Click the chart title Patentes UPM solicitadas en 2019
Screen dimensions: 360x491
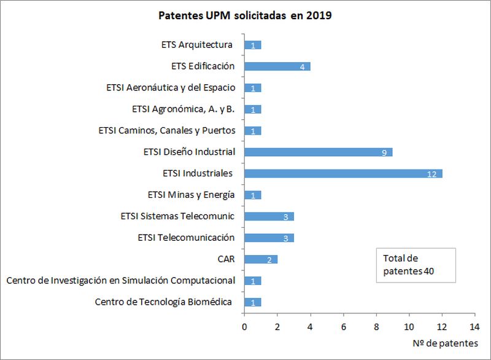(245, 15)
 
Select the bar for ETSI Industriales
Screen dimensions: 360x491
(343, 173)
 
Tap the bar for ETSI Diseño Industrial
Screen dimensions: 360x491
(318, 152)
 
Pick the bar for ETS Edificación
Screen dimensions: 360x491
(277, 66)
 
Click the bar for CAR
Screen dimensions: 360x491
(261, 259)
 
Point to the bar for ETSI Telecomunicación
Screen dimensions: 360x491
(269, 238)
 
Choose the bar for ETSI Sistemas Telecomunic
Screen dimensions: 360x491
(269, 216)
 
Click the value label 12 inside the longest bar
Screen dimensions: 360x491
(431, 174)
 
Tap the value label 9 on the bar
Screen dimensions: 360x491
(384, 152)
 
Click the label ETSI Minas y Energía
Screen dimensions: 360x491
(191, 195)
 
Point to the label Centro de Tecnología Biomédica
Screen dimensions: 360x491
(163, 302)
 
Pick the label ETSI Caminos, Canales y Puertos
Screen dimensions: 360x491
(167, 130)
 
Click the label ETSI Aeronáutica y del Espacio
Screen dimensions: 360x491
(171, 87)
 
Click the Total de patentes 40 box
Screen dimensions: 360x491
(416, 265)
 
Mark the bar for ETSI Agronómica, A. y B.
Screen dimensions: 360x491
(253, 109)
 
